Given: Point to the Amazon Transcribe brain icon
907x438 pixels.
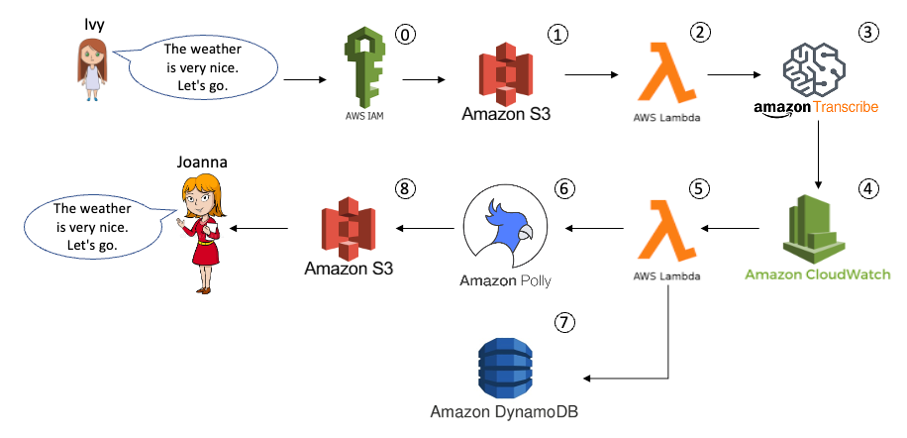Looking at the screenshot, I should coord(815,69).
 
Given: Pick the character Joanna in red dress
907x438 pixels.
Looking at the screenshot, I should coord(205,232).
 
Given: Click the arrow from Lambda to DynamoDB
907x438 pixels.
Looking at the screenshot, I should coord(634,378).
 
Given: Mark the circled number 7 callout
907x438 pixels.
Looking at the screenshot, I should coord(564,322).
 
